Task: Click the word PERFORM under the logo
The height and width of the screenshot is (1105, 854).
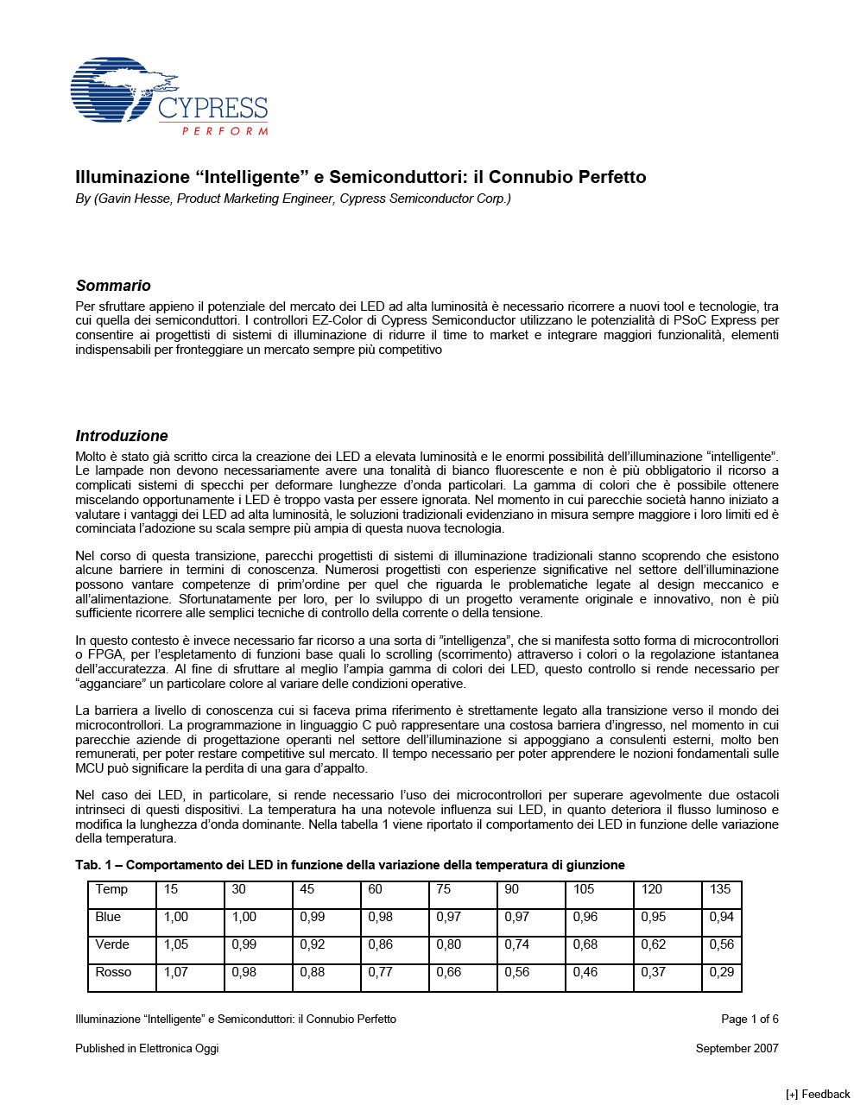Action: pyautogui.click(x=225, y=131)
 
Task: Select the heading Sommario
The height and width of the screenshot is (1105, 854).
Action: pyautogui.click(x=113, y=286)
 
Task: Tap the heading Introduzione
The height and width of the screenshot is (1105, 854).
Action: pyautogui.click(x=122, y=436)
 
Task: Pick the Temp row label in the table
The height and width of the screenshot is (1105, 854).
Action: pyautogui.click(x=111, y=889)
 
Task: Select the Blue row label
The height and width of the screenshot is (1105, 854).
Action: pyautogui.click(x=108, y=917)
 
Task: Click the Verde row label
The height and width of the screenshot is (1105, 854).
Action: pyautogui.click(x=112, y=944)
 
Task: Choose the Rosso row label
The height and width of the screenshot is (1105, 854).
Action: pyautogui.click(x=113, y=972)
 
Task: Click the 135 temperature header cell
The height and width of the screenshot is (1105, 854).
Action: pyautogui.click(x=720, y=889)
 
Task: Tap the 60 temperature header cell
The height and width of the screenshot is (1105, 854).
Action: pyautogui.click(x=375, y=889)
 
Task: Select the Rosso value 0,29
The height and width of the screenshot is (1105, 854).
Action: pyautogui.click(x=721, y=972)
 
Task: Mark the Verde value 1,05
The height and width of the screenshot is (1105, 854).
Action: pyautogui.click(x=176, y=944)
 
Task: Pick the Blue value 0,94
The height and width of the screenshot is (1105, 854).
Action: pyautogui.click(x=721, y=917)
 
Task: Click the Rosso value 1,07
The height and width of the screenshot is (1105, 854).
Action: pyautogui.click(x=176, y=972)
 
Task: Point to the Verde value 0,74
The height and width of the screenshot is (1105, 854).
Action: pyautogui.click(x=516, y=944)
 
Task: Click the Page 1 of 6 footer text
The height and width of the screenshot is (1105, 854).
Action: pyautogui.click(x=750, y=1020)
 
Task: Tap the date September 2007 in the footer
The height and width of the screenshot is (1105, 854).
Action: pyautogui.click(x=737, y=1049)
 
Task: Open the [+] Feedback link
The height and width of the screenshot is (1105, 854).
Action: pyautogui.click(x=818, y=1095)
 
